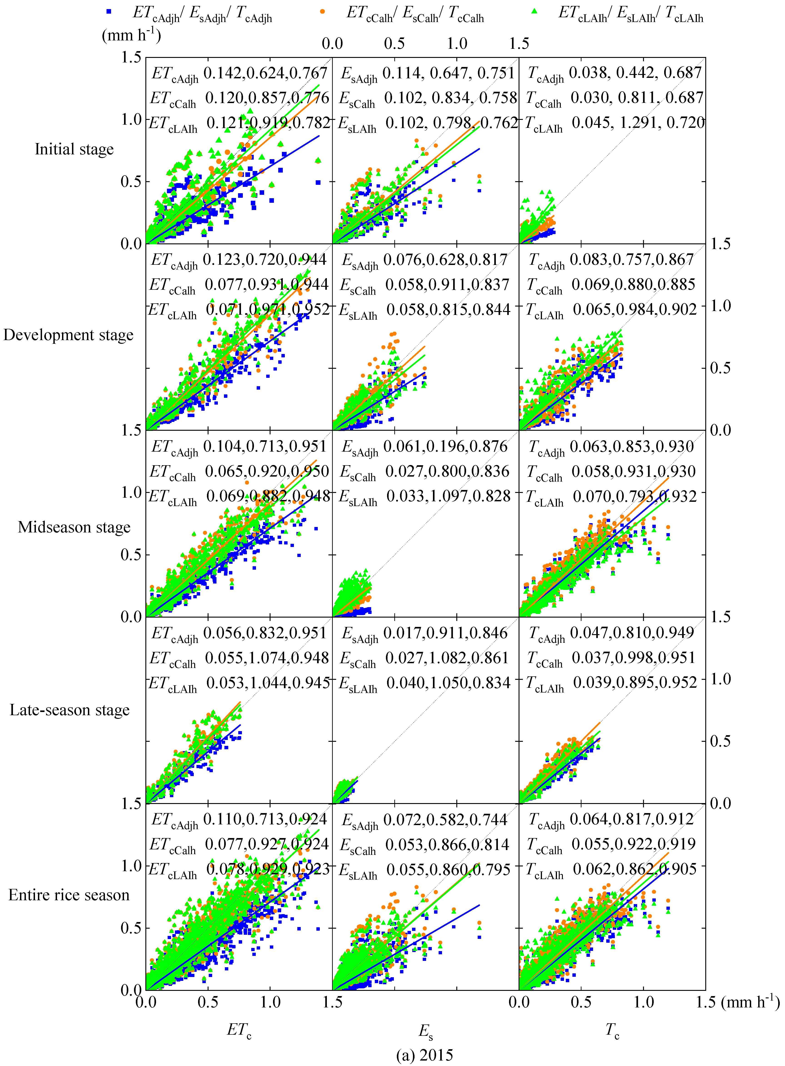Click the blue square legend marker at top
(109, 11)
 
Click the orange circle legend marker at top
(323, 11)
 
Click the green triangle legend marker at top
(535, 11)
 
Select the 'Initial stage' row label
(74, 149)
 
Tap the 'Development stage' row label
(68, 335)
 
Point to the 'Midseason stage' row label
(74, 527)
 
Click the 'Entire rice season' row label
(69, 895)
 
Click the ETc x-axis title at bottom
(239, 1030)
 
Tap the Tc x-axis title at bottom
(612, 1030)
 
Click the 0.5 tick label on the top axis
(394, 44)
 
